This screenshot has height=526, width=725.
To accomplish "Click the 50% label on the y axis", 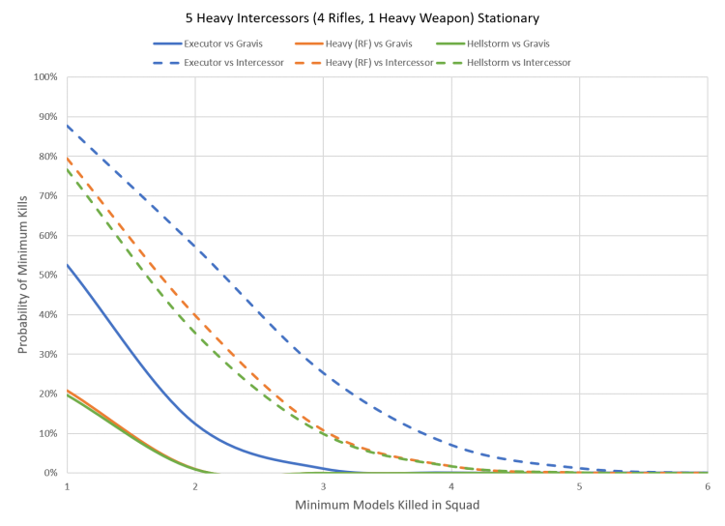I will click(x=48, y=275).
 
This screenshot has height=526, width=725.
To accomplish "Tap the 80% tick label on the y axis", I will click(x=48, y=156).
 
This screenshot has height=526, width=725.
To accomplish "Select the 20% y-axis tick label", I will click(x=48, y=394).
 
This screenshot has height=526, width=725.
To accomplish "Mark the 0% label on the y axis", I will click(x=50, y=473).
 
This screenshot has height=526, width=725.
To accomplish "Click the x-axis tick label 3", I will click(x=323, y=484).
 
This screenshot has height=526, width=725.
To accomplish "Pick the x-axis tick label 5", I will click(x=579, y=484).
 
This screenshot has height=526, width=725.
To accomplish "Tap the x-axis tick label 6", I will click(x=707, y=484).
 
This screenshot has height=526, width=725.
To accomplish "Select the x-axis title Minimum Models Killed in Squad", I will click(x=387, y=506).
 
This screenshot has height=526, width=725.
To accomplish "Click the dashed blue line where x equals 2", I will click(x=195, y=242).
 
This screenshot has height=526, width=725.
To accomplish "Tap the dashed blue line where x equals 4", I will click(x=451, y=444).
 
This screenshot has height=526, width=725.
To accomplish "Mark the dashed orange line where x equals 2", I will click(x=195, y=315).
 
